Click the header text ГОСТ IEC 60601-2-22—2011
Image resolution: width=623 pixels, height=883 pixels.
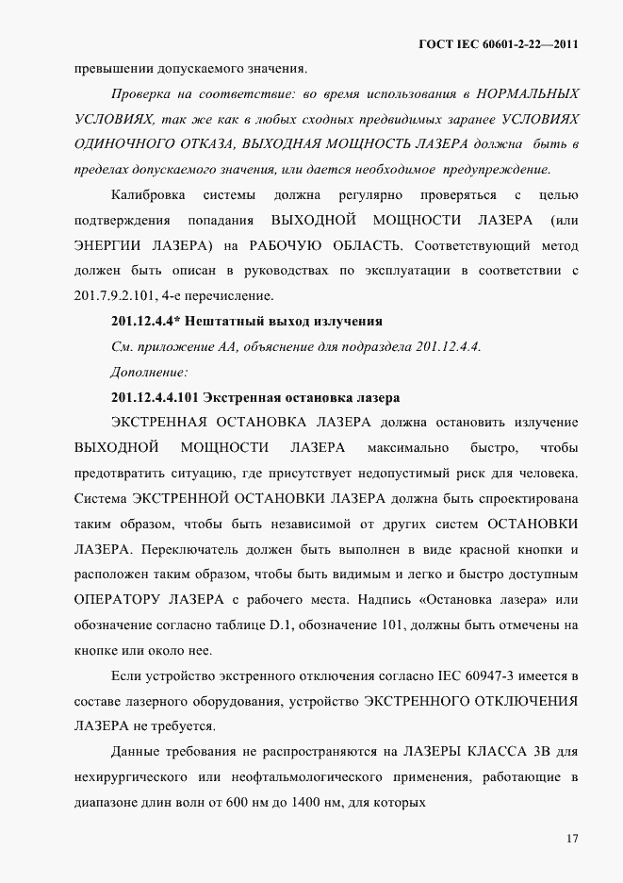click(x=498, y=43)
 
